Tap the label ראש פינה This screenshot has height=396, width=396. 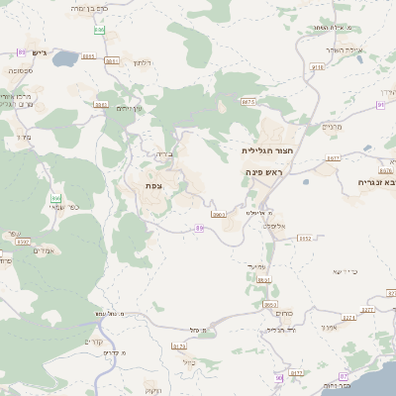264,172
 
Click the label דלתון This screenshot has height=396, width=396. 143,61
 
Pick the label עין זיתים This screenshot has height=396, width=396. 129,108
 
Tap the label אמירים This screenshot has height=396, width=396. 44,250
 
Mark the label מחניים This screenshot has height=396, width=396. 333,126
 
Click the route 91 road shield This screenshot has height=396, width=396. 380,104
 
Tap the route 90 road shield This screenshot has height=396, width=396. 279,377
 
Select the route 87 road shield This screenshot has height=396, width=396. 344,377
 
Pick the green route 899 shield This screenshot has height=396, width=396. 99,31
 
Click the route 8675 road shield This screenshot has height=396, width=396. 248,101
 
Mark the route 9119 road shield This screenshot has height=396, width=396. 317,67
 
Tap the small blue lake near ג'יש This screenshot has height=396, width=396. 63,59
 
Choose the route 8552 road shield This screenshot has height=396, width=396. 264,280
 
